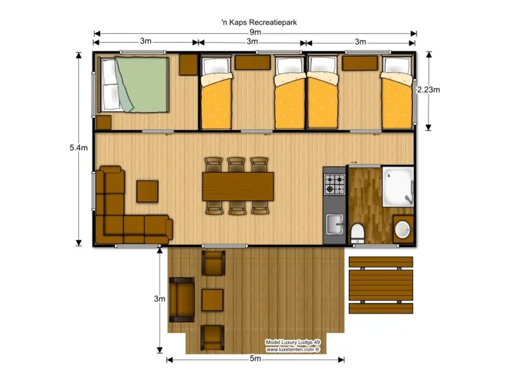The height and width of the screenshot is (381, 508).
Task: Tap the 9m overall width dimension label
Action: click(x=255, y=33)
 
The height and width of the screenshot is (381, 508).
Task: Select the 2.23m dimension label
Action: click(x=428, y=89)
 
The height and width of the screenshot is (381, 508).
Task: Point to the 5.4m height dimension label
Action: click(x=78, y=147)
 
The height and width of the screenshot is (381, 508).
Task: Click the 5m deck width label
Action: click(x=255, y=359)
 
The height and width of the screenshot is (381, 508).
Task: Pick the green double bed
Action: click(x=134, y=84)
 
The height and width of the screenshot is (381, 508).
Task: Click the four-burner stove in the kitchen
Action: click(x=334, y=184)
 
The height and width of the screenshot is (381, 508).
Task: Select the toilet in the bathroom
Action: click(x=357, y=232)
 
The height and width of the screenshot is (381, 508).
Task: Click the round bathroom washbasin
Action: click(x=402, y=230)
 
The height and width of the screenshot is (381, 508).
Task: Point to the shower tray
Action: click(x=398, y=186)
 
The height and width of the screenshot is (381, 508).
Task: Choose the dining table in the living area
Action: click(x=238, y=186)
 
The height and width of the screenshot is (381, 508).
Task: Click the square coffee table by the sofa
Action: click(x=147, y=191)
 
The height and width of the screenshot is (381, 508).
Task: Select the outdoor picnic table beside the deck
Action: click(x=380, y=284)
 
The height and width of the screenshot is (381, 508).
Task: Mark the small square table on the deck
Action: click(x=212, y=299)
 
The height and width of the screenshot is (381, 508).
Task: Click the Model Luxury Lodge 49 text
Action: click(x=293, y=343)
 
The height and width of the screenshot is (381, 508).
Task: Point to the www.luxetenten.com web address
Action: click(x=292, y=349)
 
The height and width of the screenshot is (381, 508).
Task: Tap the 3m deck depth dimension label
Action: click(x=160, y=299)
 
